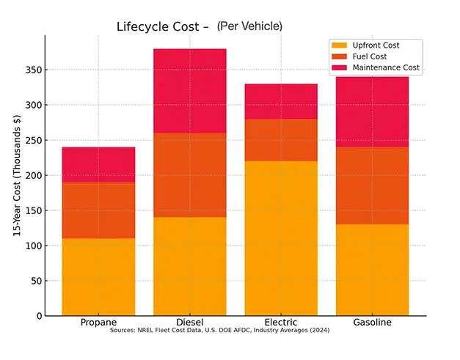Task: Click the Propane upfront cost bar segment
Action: [98, 277]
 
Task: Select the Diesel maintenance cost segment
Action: [189, 90]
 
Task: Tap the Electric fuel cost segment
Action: [281, 140]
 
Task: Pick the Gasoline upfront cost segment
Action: [372, 270]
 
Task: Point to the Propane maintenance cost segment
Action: [98, 164]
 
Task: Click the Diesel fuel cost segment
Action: [189, 175]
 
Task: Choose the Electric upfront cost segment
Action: [281, 238]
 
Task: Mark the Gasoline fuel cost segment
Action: [372, 185]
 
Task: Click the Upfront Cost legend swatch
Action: [340, 45]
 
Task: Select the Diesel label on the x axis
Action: [189, 323]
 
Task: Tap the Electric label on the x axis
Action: [281, 323]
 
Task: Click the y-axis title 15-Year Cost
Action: [16, 177]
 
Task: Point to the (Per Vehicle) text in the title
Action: [249, 26]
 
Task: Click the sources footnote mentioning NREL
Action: [219, 331]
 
